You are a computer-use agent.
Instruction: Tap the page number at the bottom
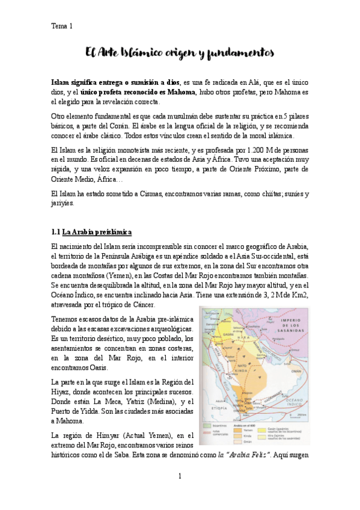click(179, 477)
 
